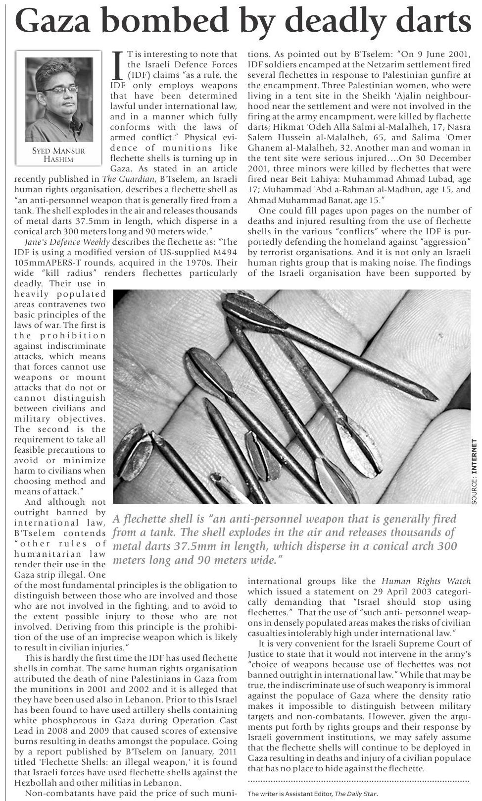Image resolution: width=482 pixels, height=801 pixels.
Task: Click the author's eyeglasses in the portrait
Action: (x=61, y=90)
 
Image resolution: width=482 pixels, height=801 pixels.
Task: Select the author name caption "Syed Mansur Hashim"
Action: (x=58, y=155)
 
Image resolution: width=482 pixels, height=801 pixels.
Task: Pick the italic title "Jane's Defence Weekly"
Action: (x=67, y=242)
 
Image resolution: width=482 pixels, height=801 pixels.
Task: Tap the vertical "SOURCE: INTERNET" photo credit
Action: (x=475, y=472)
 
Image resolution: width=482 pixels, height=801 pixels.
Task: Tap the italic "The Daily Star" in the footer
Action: (x=355, y=794)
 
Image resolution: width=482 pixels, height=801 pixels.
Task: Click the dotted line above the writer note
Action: (x=358, y=782)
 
